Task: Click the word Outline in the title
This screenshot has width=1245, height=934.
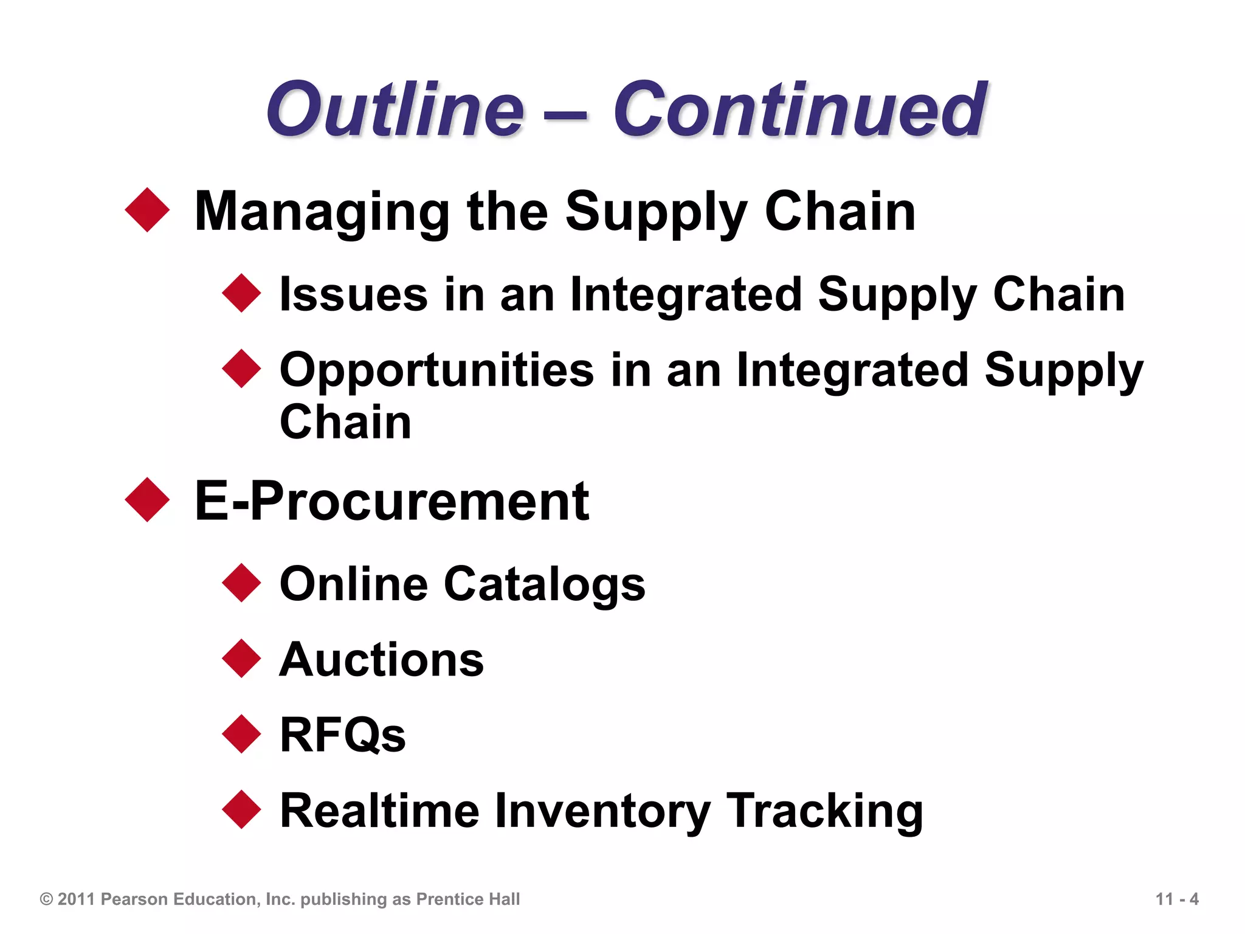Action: (x=395, y=109)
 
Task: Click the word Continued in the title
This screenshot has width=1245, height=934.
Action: (x=799, y=109)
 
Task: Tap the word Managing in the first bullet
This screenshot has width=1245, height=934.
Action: (x=322, y=212)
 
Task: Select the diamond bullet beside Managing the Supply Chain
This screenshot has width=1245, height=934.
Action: (x=147, y=210)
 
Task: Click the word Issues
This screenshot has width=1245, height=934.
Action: (x=353, y=294)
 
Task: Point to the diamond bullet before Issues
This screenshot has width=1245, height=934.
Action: (x=242, y=293)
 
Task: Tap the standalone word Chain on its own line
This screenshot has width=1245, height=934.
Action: (x=345, y=422)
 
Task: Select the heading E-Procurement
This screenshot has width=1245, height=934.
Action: (x=391, y=501)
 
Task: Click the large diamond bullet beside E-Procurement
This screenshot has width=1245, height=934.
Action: (x=147, y=500)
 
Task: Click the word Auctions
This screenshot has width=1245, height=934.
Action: (x=381, y=660)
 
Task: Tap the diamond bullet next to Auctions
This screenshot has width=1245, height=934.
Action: (x=242, y=659)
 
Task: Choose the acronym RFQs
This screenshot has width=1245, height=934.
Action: (x=342, y=735)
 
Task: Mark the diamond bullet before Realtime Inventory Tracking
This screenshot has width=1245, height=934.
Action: (x=242, y=809)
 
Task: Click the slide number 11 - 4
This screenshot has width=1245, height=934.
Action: (x=1176, y=899)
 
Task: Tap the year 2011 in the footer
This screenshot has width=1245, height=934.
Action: (x=77, y=899)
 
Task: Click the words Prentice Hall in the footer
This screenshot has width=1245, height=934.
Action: (x=468, y=899)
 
